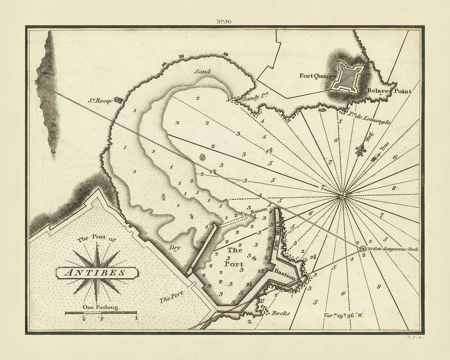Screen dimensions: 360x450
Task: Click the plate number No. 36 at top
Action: (x=224, y=20)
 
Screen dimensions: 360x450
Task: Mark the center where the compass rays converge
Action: (x=342, y=195)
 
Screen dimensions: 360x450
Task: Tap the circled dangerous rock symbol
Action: (x=362, y=248)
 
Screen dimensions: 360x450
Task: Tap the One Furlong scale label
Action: (x=100, y=307)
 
